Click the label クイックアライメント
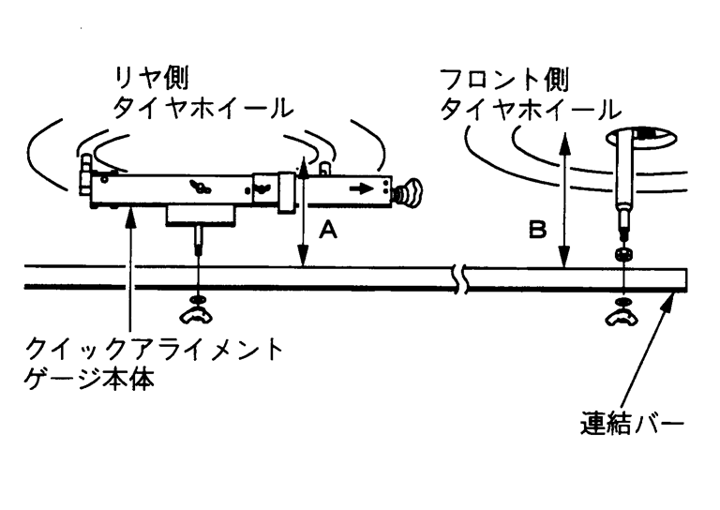pos(156,352)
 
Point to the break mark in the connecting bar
pos(459,278)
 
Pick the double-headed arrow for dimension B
pos(562,202)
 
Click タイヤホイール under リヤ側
pos(201,109)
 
